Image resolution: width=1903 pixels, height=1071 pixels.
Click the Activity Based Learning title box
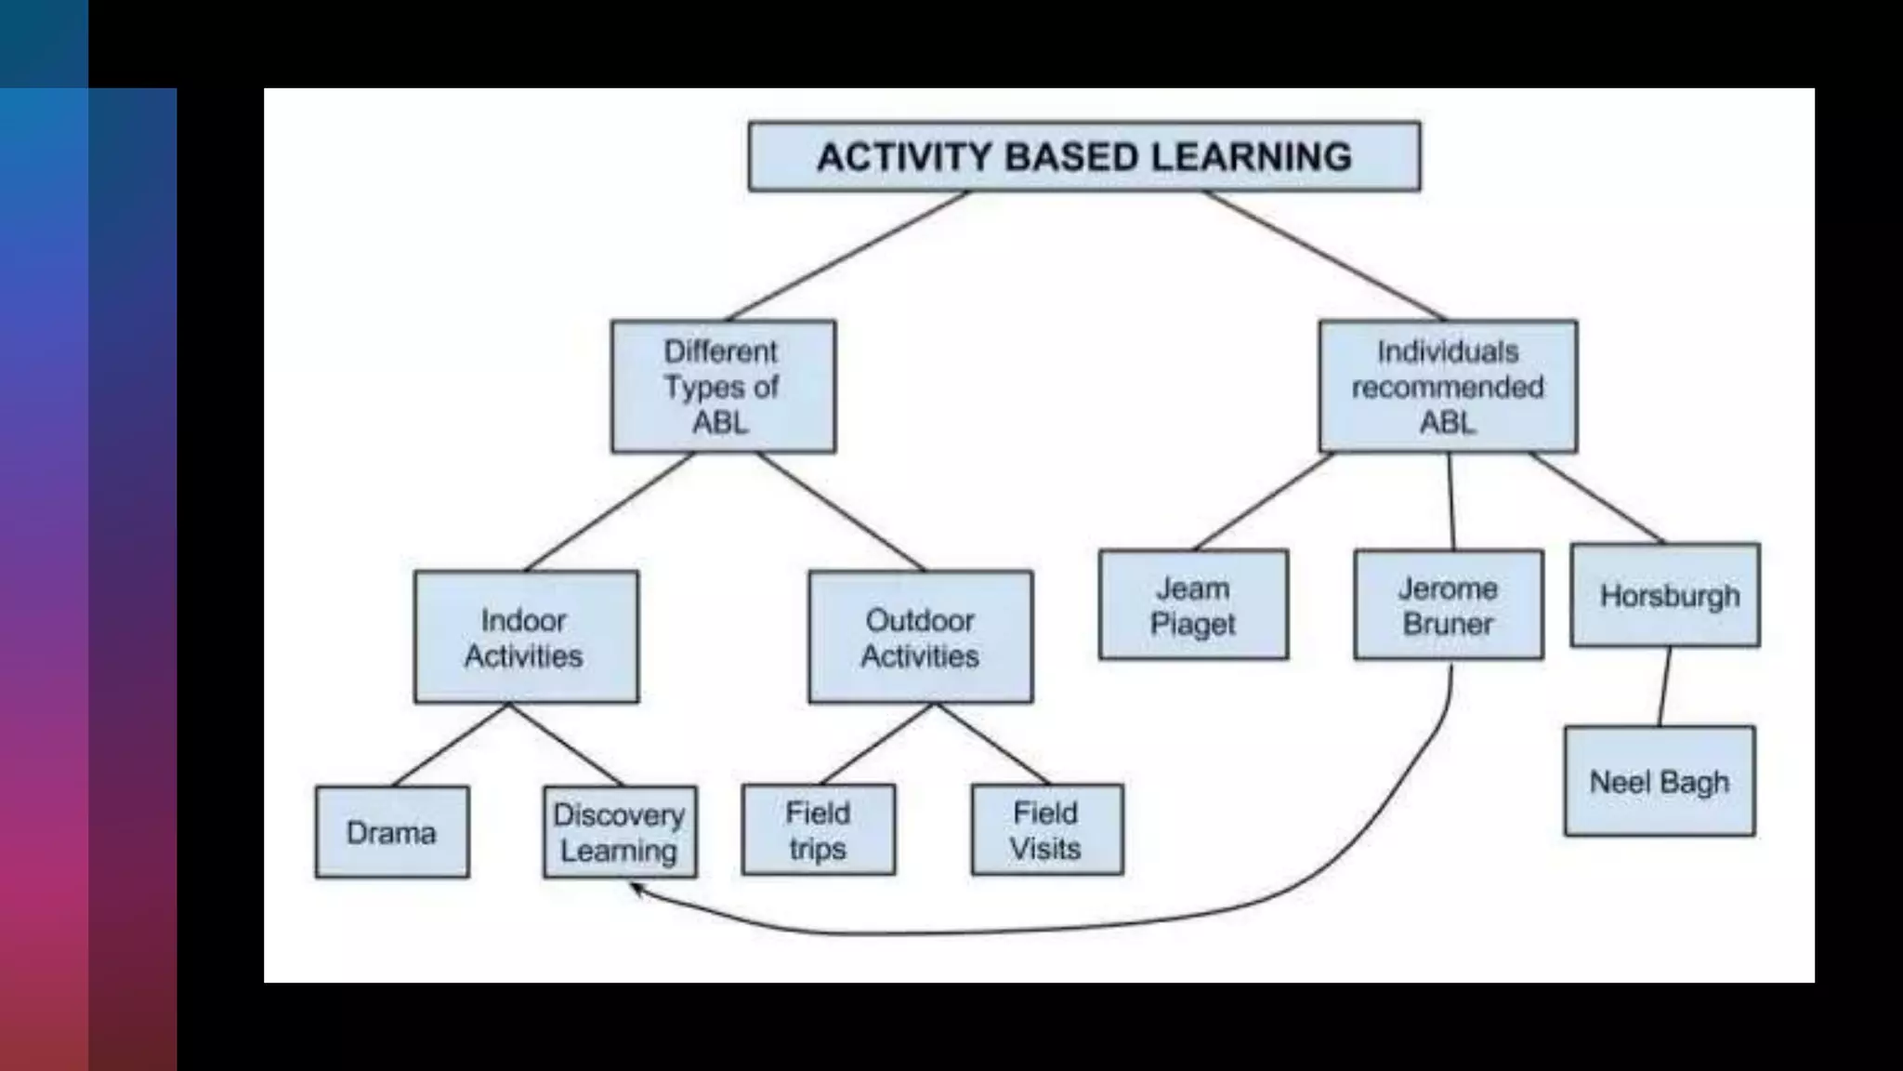point(1083,156)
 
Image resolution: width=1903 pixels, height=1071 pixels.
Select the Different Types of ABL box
point(723,387)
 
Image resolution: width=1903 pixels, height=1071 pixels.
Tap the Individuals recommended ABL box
point(1448,387)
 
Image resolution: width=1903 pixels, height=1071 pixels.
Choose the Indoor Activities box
point(526,637)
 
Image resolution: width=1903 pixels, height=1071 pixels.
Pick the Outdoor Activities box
point(920,637)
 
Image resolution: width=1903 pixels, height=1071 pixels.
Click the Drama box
point(392,832)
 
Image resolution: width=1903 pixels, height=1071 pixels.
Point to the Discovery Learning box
point(620,832)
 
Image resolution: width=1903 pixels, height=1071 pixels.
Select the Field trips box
point(819,830)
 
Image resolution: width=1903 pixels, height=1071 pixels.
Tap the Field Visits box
point(1047,830)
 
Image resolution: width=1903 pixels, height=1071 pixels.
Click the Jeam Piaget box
point(1193,605)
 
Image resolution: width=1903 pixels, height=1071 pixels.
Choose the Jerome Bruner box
point(1449,605)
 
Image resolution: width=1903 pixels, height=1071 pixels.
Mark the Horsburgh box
point(1665,595)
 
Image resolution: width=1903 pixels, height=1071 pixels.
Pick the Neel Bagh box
point(1660,782)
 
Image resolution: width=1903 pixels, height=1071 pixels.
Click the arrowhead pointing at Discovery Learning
point(637,889)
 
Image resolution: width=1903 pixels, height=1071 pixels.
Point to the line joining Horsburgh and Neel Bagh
point(1664,687)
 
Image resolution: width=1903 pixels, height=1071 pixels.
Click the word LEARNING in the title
point(1251,156)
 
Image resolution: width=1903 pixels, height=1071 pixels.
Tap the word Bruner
point(1448,624)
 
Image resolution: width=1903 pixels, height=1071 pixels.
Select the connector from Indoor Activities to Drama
point(452,744)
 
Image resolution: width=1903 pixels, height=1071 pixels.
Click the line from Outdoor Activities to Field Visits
point(992,743)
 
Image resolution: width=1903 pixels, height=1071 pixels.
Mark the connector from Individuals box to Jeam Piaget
point(1264,501)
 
